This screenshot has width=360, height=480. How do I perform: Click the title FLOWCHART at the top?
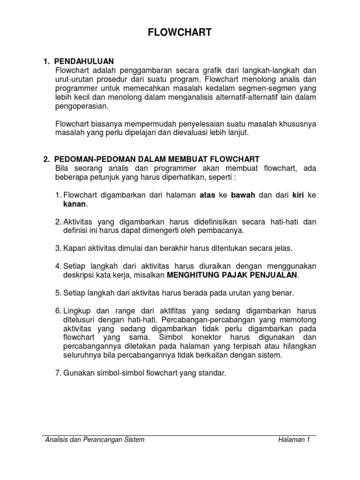point(180,32)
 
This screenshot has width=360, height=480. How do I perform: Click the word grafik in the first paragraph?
point(220,70)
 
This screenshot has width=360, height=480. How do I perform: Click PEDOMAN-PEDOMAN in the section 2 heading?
point(88,159)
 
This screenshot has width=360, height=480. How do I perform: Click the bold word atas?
point(207,196)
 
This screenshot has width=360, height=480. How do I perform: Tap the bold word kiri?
point(299,196)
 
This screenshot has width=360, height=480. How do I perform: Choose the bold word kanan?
point(75,205)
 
